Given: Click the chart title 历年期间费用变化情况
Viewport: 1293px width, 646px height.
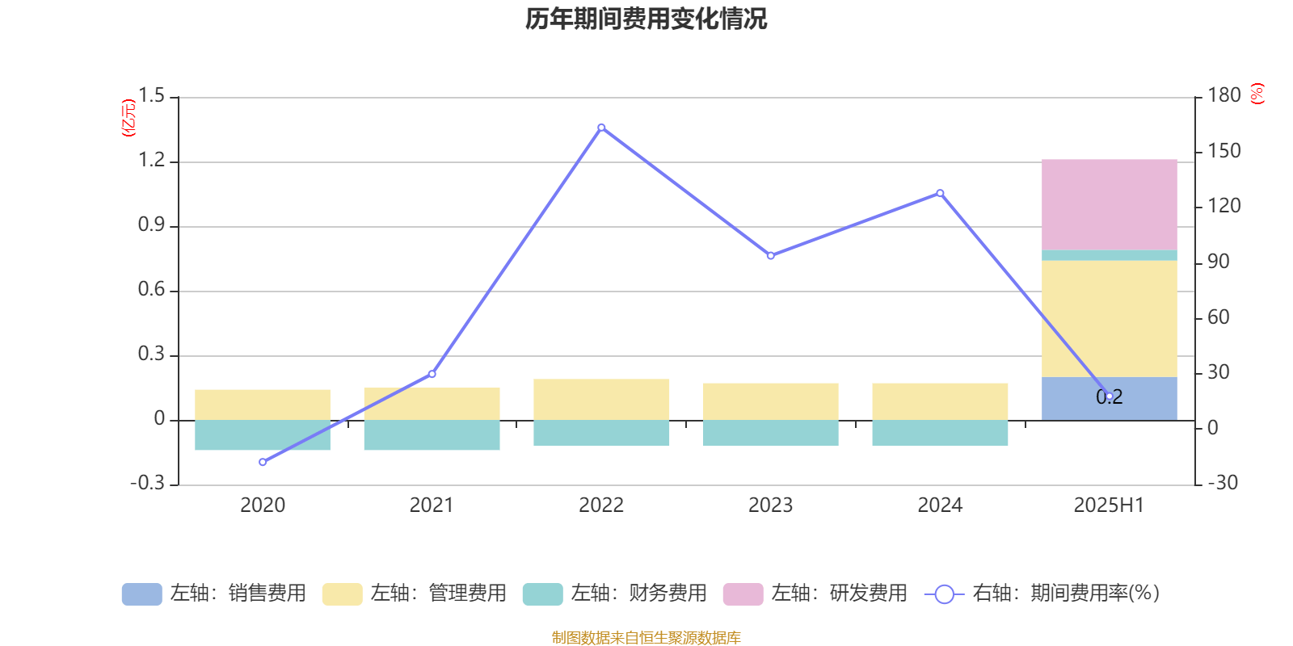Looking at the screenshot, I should click(646, 19).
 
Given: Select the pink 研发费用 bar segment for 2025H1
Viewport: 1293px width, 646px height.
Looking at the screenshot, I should click(1109, 204).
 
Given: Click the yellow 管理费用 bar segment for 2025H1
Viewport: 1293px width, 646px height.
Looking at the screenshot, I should click(1109, 319).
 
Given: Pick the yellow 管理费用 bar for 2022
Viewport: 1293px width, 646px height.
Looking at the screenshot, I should click(601, 399).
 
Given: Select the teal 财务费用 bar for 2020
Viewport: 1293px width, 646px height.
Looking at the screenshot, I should click(263, 435).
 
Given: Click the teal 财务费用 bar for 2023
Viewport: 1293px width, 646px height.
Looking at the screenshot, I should click(770, 433).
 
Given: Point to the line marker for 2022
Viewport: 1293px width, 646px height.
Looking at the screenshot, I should click(601, 128).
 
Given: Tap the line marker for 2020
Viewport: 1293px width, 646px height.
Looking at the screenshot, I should click(263, 462).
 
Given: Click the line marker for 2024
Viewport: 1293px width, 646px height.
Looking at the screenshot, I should click(940, 193).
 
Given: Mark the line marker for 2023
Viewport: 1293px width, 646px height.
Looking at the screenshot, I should click(770, 255).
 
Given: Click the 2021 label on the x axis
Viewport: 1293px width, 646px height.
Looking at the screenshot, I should click(432, 505).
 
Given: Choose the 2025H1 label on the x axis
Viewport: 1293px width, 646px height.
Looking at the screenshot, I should click(1109, 505).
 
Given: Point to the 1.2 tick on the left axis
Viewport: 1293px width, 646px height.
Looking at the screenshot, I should click(151, 161).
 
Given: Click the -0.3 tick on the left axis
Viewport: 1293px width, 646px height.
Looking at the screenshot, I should click(147, 483).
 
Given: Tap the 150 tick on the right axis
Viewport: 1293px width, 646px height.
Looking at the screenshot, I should click(1224, 151).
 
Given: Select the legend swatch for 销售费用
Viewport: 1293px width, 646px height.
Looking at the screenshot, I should click(141, 594).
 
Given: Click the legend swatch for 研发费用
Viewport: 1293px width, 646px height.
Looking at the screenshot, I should click(743, 594).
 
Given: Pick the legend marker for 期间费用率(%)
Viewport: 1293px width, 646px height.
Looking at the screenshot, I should click(944, 594).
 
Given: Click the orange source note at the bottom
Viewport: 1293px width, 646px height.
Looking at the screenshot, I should click(646, 638).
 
